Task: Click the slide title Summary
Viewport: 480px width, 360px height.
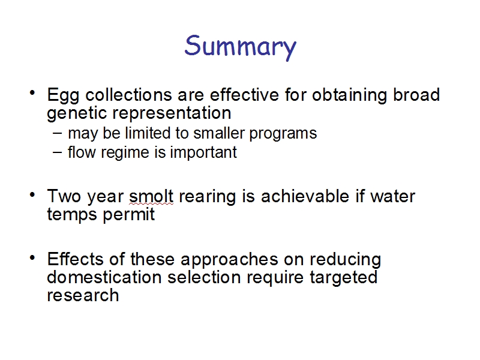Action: tap(241, 47)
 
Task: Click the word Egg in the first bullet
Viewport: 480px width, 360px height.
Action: tap(63, 96)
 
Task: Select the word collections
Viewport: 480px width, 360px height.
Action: tap(128, 95)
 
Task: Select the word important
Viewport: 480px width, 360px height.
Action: tap(203, 152)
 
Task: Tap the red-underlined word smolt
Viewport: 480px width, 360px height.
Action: tap(151, 196)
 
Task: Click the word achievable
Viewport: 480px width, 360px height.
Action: tap(305, 196)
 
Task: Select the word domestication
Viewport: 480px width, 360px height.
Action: tap(104, 277)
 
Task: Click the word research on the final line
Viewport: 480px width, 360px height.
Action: tap(83, 295)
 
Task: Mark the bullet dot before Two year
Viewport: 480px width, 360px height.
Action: tap(32, 194)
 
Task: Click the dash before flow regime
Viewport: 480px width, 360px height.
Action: tap(57, 152)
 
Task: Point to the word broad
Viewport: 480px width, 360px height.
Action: tap(416, 95)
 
